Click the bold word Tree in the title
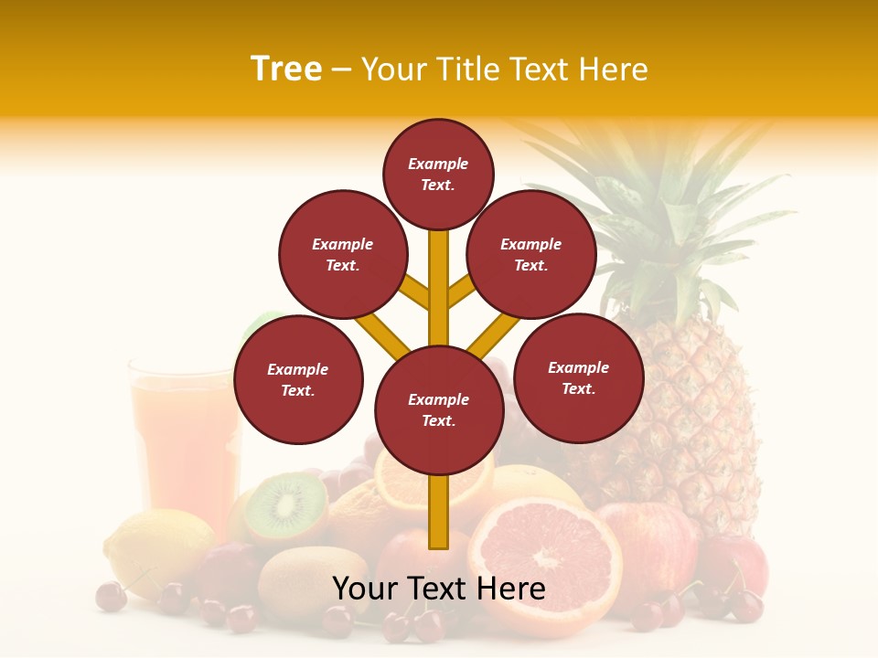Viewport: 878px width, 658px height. [x=286, y=69]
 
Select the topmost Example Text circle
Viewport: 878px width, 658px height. [x=438, y=174]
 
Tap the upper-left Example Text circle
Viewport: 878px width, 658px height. [x=343, y=254]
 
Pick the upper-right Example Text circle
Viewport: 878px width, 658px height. [x=531, y=254]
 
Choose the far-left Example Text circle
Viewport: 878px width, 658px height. [x=298, y=379]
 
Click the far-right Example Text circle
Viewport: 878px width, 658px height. [x=578, y=377]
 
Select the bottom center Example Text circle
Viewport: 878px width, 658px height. [x=439, y=409]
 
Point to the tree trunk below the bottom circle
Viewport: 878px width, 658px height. [x=439, y=512]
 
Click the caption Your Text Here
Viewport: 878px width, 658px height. [x=439, y=589]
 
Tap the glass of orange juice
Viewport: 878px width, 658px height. [x=183, y=439]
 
